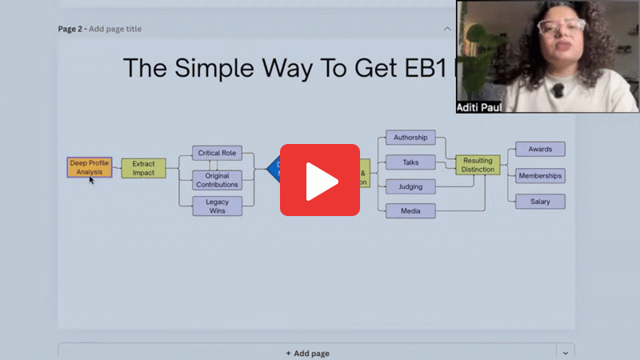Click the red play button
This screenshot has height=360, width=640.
coord(319,180)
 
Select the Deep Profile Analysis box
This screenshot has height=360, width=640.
coord(89,167)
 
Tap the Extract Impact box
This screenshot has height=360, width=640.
coord(143,168)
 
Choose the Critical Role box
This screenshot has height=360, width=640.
coord(217,153)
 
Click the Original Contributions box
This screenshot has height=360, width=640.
coord(217,180)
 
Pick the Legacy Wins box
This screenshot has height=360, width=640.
coord(217,206)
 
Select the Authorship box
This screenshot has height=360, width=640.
coord(410,138)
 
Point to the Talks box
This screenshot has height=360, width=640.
coord(410,162)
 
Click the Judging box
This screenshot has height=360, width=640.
coord(410,187)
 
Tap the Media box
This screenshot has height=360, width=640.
coord(410,211)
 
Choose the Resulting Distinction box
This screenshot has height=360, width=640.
coord(478,165)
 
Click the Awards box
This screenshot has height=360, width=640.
coord(540,150)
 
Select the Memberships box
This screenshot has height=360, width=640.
coord(540,175)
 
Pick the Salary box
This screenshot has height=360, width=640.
coord(540,202)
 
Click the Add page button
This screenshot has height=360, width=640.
coord(307,353)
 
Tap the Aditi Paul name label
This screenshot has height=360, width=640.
coord(479,106)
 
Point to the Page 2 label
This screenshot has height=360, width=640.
coord(73,29)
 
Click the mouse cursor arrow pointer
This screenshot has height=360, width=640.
coord(92,180)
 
